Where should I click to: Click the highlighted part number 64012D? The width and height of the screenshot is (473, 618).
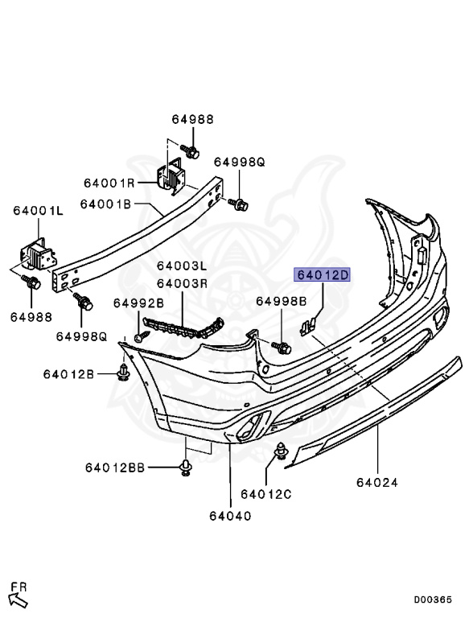coord(323,274)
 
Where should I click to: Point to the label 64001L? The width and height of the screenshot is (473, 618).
coord(37,211)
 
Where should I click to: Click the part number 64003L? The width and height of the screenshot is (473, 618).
coord(182,266)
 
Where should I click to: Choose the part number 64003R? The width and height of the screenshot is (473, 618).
coord(182,283)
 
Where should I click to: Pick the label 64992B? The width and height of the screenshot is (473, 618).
coord(138,303)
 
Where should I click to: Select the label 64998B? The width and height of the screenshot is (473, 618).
coord(282,301)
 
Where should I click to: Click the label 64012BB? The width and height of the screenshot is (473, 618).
coord(114,468)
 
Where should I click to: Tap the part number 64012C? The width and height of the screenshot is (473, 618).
coord(265,492)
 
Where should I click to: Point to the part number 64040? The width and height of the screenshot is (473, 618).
coord(229,516)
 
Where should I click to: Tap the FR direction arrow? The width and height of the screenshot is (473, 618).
coord(18,597)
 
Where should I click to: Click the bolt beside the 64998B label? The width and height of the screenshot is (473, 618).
coord(282,345)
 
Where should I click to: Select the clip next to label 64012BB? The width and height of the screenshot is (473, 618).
coord(185,468)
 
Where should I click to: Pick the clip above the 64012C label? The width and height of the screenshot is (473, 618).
coord(282,452)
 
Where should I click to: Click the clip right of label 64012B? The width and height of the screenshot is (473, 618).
coord(123,373)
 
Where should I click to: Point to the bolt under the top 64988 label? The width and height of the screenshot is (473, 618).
coord(191,149)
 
